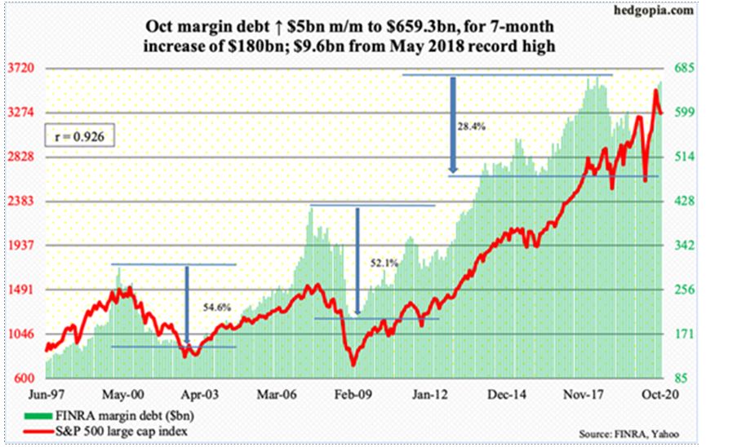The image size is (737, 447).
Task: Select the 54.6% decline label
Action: (x=214, y=308)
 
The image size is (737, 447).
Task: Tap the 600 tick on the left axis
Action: (x=24, y=378)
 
